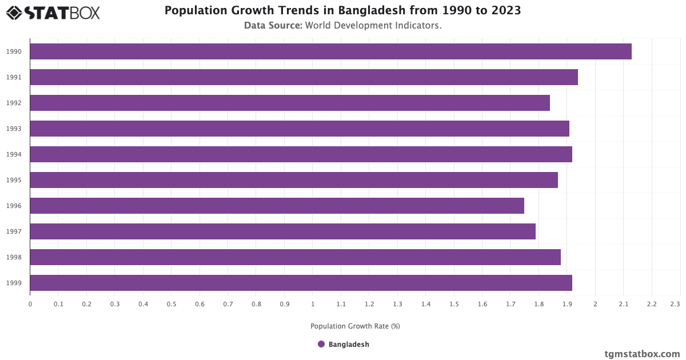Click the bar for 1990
[330, 51]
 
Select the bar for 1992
[290, 103]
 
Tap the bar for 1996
[277, 206]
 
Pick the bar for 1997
[282, 231]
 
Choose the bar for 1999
[301, 283]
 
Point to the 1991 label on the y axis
[14, 77]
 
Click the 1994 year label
[14, 154]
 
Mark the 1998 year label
[14, 257]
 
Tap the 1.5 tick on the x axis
[454, 305]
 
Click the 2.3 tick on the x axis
[675, 305]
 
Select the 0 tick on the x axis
[30, 305]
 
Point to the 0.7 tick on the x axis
[228, 305]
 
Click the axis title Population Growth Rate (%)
[355, 326]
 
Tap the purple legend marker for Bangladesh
[321, 345]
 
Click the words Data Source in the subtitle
[273, 26]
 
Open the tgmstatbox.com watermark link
[642, 354]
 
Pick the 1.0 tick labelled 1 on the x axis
[313, 305]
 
